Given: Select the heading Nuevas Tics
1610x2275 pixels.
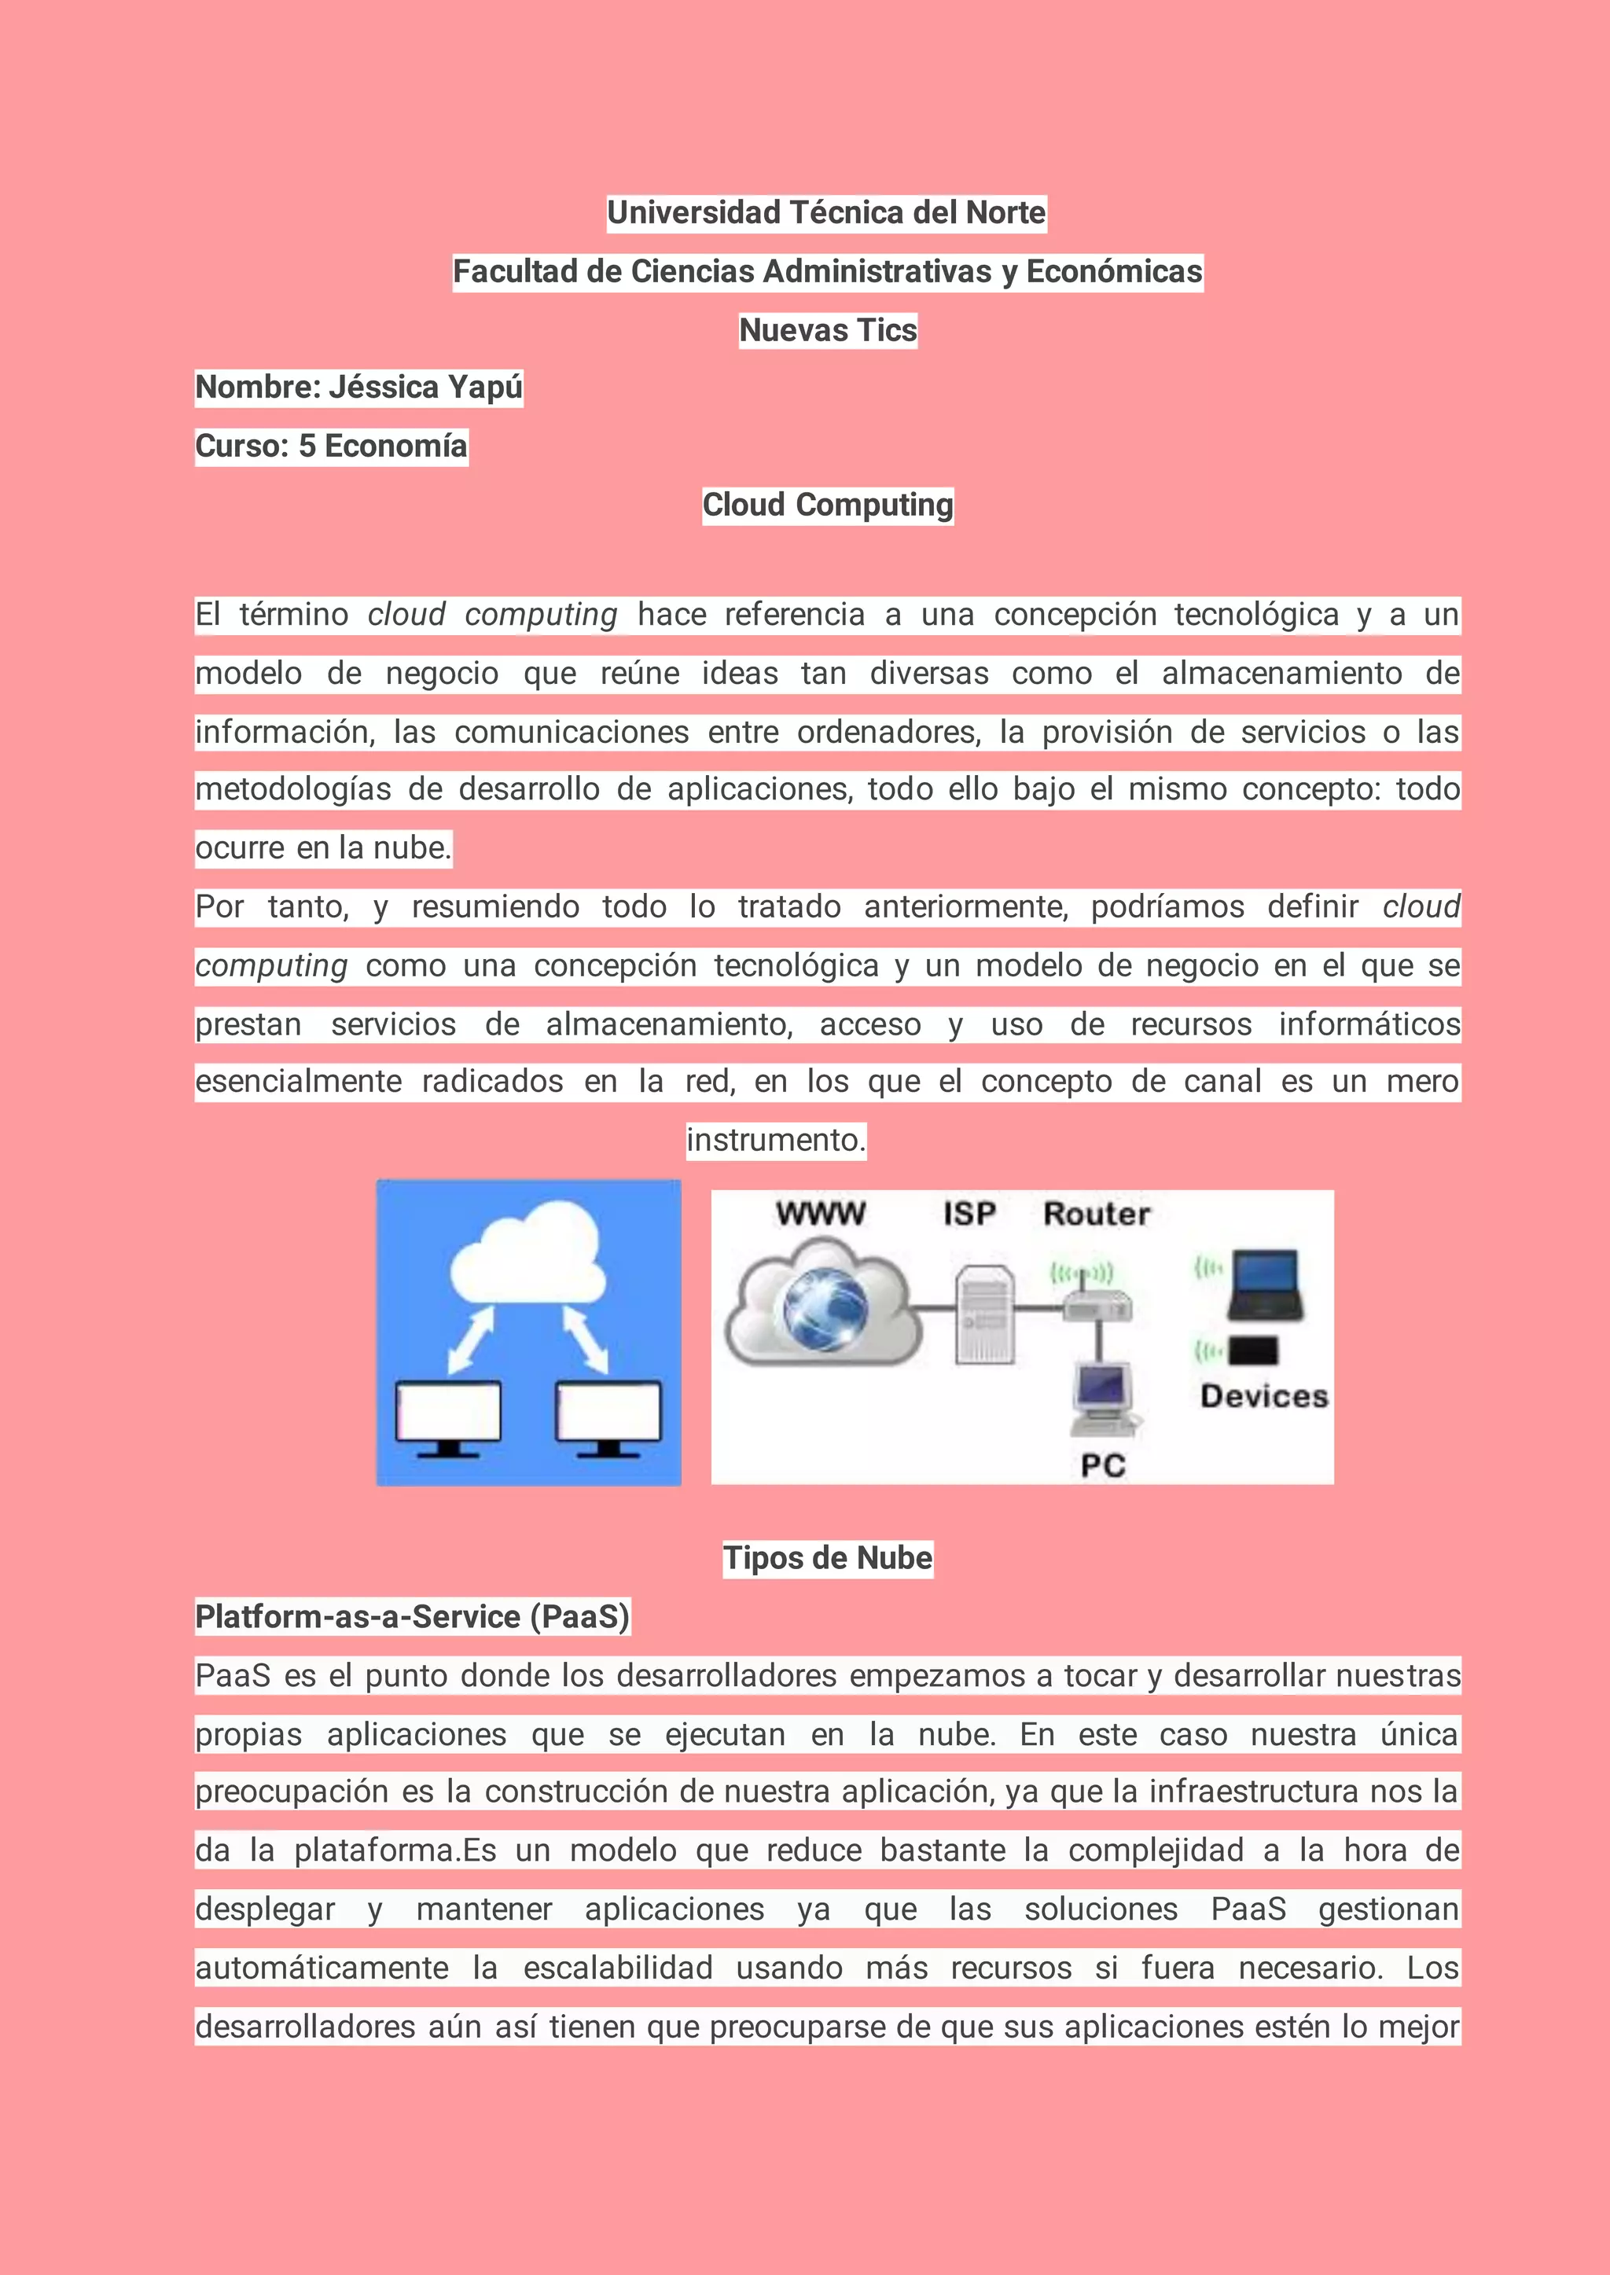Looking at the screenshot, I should [x=828, y=330].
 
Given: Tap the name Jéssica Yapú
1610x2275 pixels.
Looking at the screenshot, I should [x=425, y=388].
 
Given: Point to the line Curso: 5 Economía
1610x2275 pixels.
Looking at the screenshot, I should [x=331, y=446].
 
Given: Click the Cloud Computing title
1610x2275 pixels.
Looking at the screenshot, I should [x=828, y=505].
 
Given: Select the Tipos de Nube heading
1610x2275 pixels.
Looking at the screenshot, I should [x=828, y=1557].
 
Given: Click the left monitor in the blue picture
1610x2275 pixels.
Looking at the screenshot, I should [x=448, y=1416].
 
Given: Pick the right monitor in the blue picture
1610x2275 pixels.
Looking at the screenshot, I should [x=608, y=1416].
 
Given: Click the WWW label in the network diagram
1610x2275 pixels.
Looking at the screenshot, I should [x=821, y=1213].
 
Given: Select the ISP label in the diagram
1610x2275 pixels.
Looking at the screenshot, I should [x=969, y=1213].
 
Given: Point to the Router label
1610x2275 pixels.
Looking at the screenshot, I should [x=1097, y=1213].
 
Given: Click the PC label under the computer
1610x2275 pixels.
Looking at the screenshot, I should [x=1102, y=1465].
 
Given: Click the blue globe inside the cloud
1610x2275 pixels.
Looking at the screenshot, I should [x=825, y=1309].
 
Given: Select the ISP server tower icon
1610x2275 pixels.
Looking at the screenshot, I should [x=984, y=1314].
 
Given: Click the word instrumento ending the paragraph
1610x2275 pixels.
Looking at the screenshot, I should [x=776, y=1140].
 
